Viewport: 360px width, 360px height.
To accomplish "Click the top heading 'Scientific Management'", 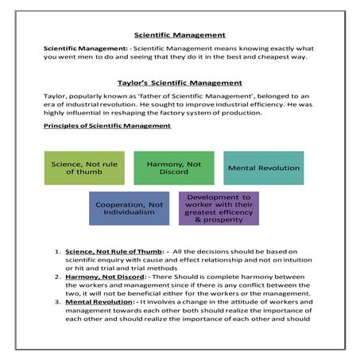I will click(x=180, y=35).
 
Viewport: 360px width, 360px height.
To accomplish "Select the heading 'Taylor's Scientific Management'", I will click(x=180, y=83).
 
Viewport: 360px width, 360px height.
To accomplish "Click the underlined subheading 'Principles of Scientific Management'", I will click(x=106, y=126).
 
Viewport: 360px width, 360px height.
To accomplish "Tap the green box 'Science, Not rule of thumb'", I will click(x=84, y=168).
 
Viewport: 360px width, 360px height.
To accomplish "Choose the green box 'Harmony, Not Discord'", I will click(x=174, y=168).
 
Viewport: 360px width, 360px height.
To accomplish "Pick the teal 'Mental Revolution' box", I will click(x=264, y=168).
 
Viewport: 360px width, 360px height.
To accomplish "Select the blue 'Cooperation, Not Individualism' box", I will click(x=130, y=208).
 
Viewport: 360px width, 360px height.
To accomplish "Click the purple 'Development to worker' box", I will click(x=219, y=208).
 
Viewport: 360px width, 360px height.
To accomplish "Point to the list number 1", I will click(x=58, y=254).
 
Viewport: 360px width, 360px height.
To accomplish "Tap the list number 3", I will click(x=58, y=302).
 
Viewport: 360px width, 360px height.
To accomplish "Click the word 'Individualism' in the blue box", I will click(x=130, y=214).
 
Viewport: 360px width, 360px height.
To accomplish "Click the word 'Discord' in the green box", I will click(x=174, y=172).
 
